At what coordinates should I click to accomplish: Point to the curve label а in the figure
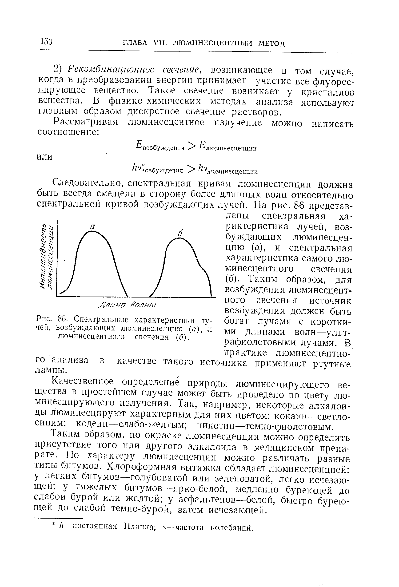[x=92, y=227]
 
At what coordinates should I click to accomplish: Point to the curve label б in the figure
[x=180, y=234]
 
